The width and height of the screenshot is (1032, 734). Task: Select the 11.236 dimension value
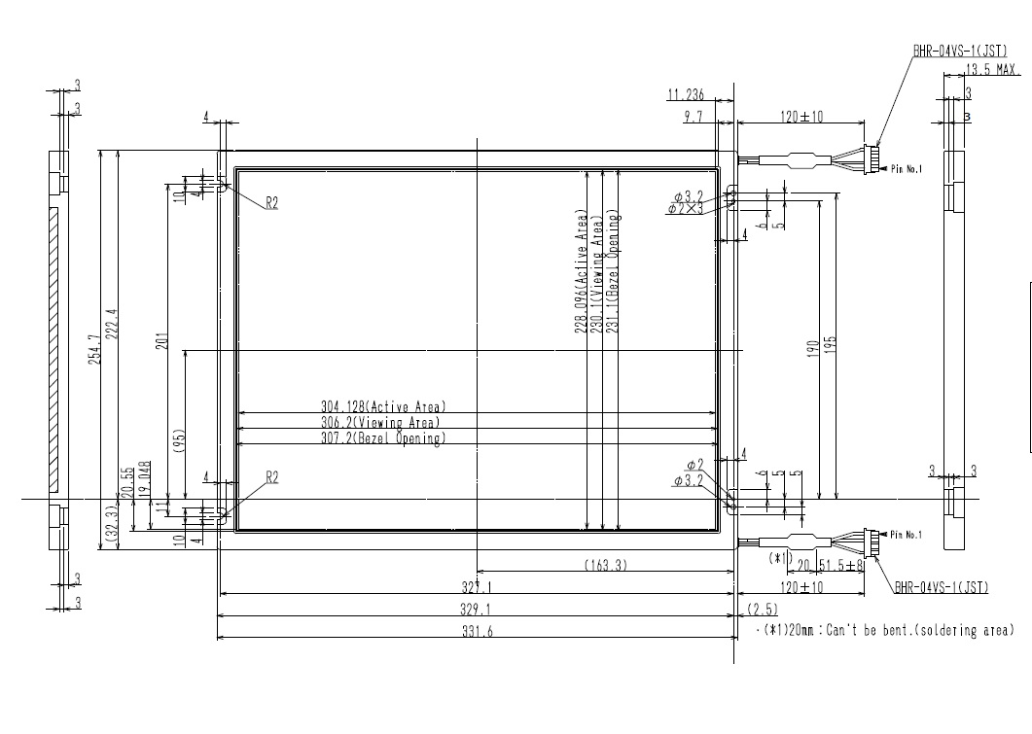(685, 94)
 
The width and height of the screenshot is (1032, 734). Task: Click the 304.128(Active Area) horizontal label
(383, 406)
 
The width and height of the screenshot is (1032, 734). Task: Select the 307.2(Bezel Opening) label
(383, 438)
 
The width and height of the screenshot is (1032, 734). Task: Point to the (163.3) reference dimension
(605, 565)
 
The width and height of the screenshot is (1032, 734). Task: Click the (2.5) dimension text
(762, 609)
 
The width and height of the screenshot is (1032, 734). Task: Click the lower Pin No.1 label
(906, 535)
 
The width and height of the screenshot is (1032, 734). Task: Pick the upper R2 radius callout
(272, 202)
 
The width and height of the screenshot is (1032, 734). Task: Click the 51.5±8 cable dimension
(841, 565)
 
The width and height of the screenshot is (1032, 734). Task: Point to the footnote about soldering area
(885, 631)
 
